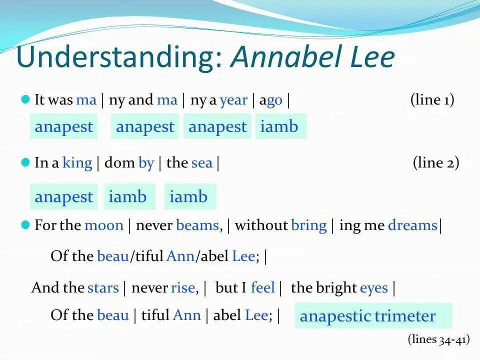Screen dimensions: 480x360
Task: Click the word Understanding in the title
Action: pos(119,57)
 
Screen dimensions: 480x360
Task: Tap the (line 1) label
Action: pos(432,99)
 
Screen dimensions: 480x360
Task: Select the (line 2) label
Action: pos(436,162)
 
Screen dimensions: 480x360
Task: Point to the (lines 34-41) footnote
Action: pos(438,339)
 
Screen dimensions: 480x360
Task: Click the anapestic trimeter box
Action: pos(373,316)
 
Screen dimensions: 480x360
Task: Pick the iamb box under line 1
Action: pos(281,126)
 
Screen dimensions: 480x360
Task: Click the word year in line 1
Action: pos(233,100)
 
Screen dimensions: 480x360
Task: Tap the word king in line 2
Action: pos(77,163)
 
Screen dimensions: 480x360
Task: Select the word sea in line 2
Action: pos(202,163)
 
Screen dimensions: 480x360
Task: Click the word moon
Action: pos(104,226)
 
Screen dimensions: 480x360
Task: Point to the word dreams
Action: pos(412,225)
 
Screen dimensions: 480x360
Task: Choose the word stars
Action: pos(103,288)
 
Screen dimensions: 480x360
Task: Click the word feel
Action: pos(263,287)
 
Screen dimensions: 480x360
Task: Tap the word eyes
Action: pos(374,288)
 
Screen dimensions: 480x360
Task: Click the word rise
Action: pos(183,288)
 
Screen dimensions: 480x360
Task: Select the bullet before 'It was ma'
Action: pos(25,99)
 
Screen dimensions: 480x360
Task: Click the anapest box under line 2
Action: pos(63,196)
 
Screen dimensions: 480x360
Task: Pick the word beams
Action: pos(198,225)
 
